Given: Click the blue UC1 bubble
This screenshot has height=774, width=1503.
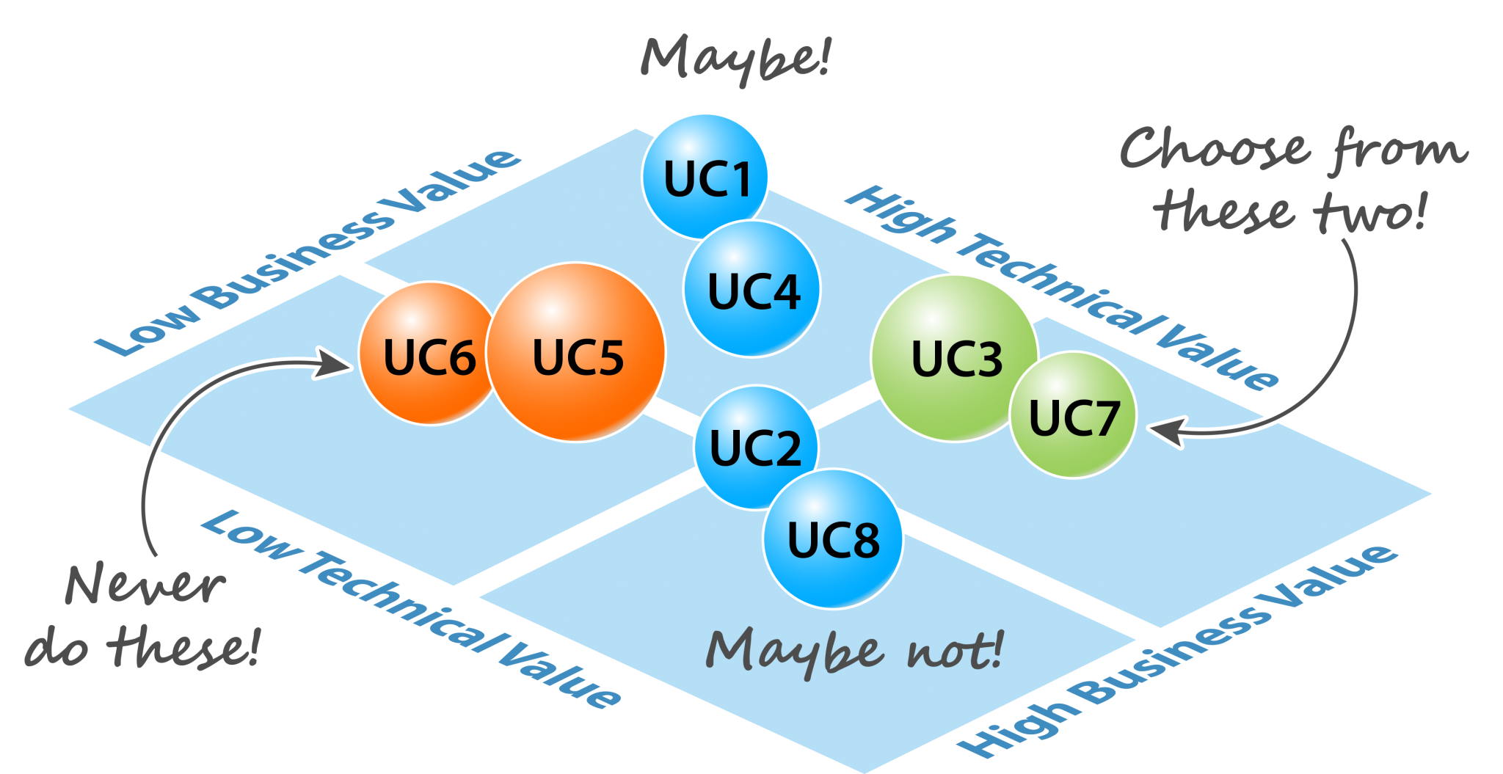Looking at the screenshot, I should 705,176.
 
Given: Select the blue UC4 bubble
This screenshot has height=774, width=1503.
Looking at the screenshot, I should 752,289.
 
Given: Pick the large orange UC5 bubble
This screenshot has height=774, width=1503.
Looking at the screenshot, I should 577,354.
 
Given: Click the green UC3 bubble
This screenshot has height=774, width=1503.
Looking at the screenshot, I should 953,358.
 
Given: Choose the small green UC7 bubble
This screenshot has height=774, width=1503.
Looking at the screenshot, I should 1073,416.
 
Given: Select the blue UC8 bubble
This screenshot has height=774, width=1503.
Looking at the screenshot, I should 833,539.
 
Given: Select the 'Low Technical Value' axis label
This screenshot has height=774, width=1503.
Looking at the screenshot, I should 411,609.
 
